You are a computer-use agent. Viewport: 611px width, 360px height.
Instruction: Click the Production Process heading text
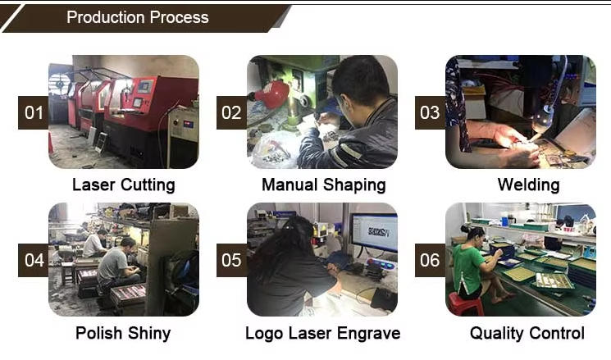[x=138, y=17]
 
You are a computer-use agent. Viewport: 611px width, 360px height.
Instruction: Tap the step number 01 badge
[x=34, y=112]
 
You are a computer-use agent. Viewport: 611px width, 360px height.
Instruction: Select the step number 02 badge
[x=231, y=112]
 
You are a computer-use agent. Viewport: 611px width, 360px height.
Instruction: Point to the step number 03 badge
[x=430, y=112]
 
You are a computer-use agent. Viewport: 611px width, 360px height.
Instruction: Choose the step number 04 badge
[x=34, y=260]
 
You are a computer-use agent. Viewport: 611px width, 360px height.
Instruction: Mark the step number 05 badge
[x=231, y=260]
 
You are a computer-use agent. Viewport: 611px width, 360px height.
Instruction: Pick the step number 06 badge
[x=430, y=260]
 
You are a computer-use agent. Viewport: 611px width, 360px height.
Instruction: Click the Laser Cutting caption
[x=124, y=185]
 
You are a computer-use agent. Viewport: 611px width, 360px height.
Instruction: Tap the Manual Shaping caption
[x=324, y=185]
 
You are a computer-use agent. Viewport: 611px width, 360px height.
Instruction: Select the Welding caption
[x=528, y=185]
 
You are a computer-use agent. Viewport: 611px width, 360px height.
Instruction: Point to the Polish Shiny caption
[x=123, y=333]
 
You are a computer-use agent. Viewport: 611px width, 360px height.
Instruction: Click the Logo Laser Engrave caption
[x=323, y=333]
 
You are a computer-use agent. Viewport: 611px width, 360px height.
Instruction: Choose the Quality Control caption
[x=527, y=333]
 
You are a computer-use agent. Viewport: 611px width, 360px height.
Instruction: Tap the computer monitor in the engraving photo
[x=375, y=233]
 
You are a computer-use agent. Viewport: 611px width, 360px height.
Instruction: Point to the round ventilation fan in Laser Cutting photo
[x=59, y=84]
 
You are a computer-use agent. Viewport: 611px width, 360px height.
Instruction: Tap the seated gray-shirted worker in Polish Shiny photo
[x=117, y=265]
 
